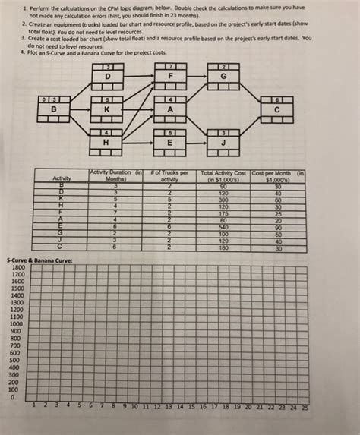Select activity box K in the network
[107, 109]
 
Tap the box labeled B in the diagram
[54, 109]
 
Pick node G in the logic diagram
[223, 77]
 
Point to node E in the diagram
[171, 141]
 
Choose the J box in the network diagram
[223, 141]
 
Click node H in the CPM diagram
[107, 141]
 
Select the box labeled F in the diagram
[171, 77]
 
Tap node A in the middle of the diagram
[171, 109]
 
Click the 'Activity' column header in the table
[61, 178]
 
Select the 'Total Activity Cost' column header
[224, 175]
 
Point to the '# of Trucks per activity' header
[169, 175]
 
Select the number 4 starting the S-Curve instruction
[24, 52]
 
